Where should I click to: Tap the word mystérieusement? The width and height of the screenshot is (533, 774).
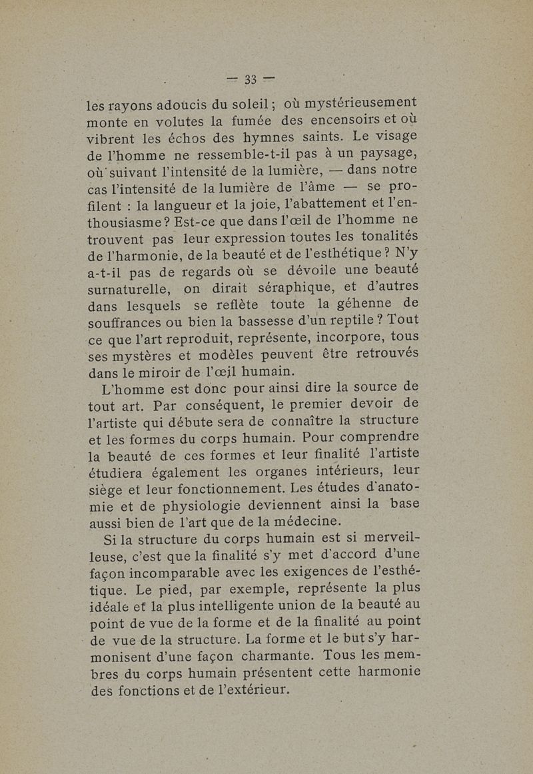360,105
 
